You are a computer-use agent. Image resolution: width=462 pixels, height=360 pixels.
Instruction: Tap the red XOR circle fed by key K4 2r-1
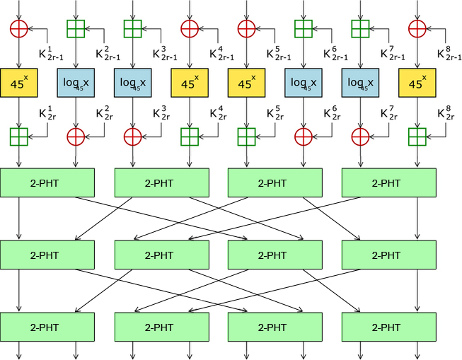tap(189, 28)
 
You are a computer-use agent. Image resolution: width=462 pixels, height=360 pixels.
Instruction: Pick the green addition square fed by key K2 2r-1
tap(76, 28)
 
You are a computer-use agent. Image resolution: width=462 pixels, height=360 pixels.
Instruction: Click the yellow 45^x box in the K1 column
tap(19, 83)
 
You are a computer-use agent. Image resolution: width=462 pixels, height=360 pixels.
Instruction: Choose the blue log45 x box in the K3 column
tap(132, 83)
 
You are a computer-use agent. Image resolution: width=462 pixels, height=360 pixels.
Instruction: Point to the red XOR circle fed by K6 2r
tap(303, 136)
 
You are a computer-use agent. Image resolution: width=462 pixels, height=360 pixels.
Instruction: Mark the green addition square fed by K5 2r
tap(246, 136)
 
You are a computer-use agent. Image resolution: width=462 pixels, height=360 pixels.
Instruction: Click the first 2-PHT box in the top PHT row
tap(47, 183)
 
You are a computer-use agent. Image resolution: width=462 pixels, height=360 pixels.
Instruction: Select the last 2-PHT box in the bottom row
tap(388, 327)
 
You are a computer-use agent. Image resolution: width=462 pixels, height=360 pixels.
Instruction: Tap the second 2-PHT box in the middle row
tap(161, 255)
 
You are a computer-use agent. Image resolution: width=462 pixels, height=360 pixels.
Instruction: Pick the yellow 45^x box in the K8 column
tap(417, 83)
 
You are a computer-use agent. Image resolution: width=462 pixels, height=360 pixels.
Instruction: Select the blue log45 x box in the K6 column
tap(303, 83)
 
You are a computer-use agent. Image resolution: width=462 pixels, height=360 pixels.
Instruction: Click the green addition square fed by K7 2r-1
tap(360, 28)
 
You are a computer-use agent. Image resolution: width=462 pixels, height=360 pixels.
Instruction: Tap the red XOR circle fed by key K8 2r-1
tap(417, 28)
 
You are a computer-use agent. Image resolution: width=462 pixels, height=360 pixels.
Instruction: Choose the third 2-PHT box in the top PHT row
tap(275, 183)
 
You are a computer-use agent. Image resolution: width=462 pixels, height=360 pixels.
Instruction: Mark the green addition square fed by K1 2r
tap(19, 136)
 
